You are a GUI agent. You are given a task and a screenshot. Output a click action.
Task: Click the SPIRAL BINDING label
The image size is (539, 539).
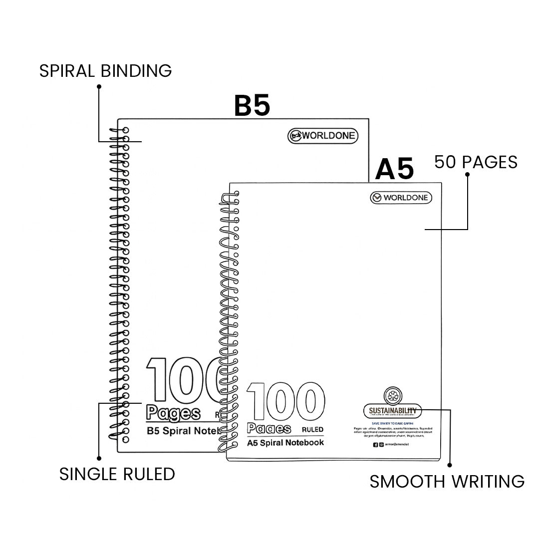(x=105, y=71)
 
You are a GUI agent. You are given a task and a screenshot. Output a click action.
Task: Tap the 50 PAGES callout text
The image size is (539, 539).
(x=476, y=162)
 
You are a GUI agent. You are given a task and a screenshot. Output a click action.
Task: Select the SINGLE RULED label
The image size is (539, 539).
(x=117, y=474)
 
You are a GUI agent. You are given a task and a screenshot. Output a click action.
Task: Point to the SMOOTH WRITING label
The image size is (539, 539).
(x=447, y=482)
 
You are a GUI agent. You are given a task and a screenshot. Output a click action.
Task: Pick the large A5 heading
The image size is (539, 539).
(x=394, y=170)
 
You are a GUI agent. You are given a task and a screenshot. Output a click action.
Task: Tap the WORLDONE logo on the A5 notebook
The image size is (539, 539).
(x=401, y=198)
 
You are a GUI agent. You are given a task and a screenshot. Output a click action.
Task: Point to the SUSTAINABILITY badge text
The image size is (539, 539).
(x=392, y=411)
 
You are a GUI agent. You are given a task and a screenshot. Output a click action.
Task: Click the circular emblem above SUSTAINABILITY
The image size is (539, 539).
(x=392, y=396)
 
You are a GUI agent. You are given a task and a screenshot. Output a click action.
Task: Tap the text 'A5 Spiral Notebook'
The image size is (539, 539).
(x=285, y=443)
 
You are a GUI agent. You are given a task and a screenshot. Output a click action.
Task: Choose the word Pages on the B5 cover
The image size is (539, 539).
(x=173, y=413)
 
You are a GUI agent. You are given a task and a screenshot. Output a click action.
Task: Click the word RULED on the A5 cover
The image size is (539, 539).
(x=312, y=429)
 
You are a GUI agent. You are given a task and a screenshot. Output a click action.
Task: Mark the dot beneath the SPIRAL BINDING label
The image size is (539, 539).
(x=99, y=86)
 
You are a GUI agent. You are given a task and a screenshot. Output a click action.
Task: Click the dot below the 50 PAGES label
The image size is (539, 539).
(x=468, y=174)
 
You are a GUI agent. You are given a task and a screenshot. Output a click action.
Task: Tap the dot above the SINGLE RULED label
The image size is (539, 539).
(x=99, y=458)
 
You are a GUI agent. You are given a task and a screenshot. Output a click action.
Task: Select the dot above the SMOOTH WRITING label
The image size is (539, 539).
(x=450, y=465)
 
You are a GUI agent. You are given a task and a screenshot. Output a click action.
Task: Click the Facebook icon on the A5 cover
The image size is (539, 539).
(x=375, y=445)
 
